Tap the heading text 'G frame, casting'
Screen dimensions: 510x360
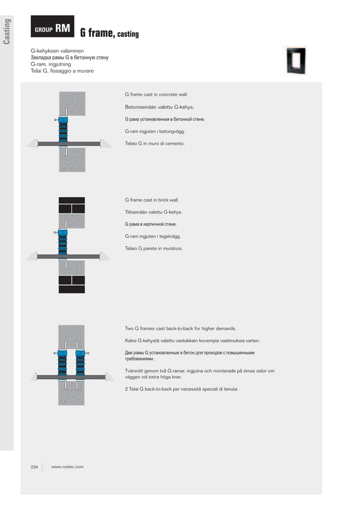[x=109, y=34]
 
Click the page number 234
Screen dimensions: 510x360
[x=34, y=467]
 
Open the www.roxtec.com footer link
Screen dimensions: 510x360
[x=67, y=467]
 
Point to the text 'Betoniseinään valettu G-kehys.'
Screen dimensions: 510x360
[x=159, y=107]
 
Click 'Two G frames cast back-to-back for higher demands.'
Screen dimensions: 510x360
[x=180, y=328]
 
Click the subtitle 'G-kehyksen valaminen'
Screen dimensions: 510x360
[x=57, y=51]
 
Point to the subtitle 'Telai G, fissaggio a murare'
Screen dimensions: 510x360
[x=62, y=71]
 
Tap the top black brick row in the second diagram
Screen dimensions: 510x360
[x=72, y=200]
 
